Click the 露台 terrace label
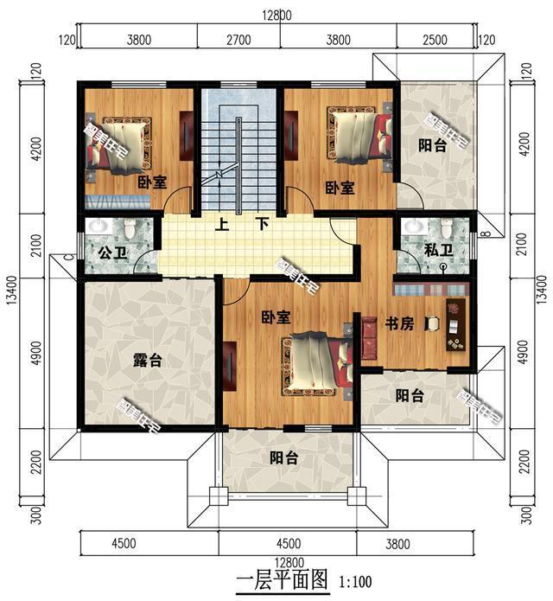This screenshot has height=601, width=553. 150,361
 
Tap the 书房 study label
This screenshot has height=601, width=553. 399,323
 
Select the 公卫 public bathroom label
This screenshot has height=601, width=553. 108,254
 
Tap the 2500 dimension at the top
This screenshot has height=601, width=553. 436,38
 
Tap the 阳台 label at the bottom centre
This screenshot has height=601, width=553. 283,458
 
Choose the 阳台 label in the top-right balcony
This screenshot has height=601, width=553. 433,146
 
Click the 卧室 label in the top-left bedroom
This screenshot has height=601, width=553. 152,182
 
